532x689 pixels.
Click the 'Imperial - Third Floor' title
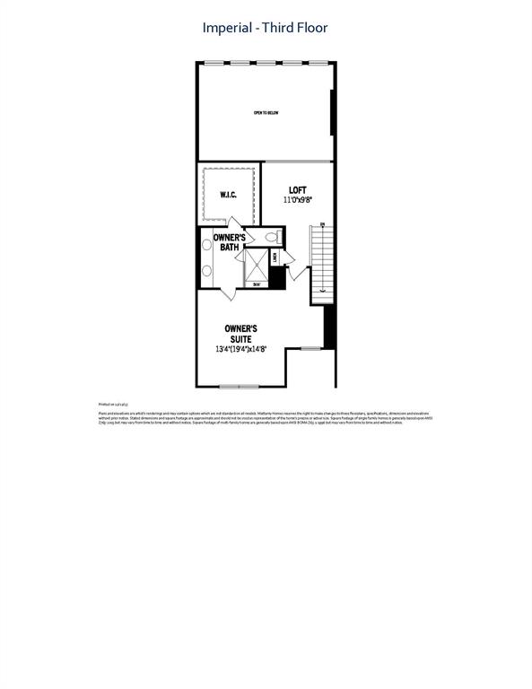point(266,28)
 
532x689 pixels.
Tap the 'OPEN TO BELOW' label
point(266,113)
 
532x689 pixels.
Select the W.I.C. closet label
point(228,195)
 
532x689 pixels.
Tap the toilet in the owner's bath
point(272,237)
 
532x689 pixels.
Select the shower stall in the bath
point(257,266)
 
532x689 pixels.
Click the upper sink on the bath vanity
point(205,245)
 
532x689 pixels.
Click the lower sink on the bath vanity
point(205,270)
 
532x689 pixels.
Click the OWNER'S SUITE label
point(240,334)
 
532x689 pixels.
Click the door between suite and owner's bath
point(230,292)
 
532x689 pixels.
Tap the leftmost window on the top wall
point(214,62)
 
